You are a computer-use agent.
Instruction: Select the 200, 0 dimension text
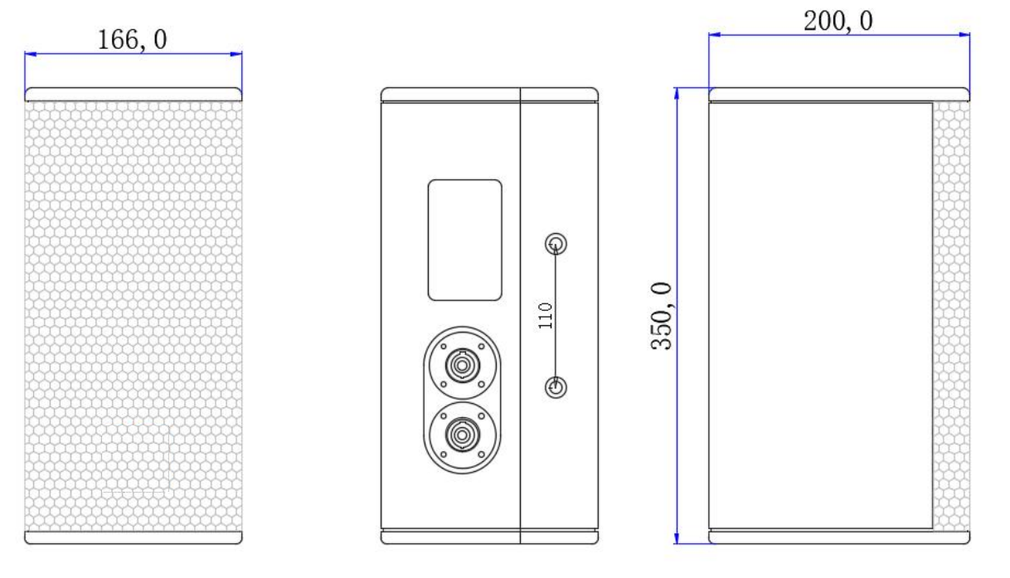point(838,22)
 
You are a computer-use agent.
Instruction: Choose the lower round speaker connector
point(459,435)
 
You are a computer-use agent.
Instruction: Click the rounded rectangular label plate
point(464,240)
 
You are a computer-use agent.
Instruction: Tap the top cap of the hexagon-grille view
point(134,94)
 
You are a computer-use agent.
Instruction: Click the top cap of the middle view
point(489,94)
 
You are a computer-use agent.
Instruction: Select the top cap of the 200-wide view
point(838,94)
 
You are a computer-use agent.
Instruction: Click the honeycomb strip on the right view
point(951,315)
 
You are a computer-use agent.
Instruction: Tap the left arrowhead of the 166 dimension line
point(30,55)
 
